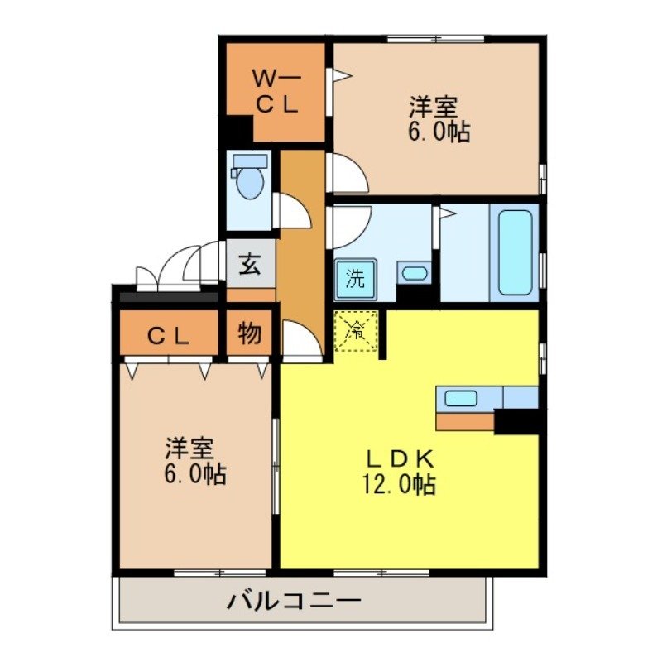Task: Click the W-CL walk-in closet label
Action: point(277,92)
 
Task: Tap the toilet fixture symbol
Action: point(248,178)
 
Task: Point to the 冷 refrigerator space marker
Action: point(357,331)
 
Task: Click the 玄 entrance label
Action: point(250,266)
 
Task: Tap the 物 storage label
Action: point(250,334)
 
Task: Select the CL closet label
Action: point(170,335)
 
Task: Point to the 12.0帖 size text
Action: point(397,484)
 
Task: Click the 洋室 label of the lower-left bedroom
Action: point(189,449)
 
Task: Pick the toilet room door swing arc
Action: point(292,210)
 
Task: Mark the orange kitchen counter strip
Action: point(464,421)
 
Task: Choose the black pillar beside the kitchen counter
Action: point(517,421)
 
